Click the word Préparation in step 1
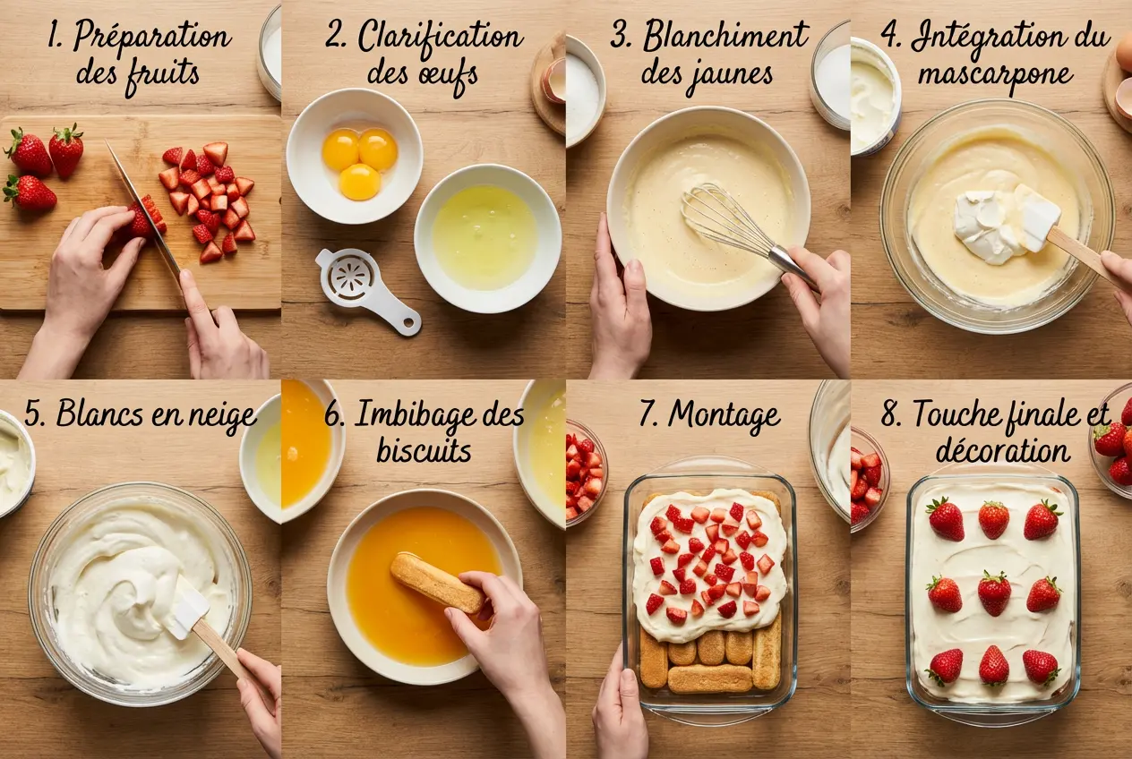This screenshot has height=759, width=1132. [x=151, y=38]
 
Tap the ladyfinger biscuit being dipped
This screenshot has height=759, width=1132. [x=436, y=583]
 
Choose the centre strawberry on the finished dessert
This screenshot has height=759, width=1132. [x=993, y=592]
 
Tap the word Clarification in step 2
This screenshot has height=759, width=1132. [x=440, y=38]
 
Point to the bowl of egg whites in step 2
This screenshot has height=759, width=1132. [x=486, y=236]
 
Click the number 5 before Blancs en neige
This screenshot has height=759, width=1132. [x=34, y=414]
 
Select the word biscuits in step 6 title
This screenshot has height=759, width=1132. [x=424, y=451]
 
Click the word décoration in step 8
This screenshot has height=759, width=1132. [x=1002, y=450]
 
